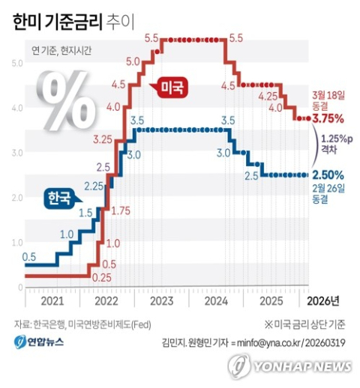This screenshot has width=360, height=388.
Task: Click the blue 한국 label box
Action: point(58,198)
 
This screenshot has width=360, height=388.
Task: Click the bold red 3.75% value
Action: point(328,118)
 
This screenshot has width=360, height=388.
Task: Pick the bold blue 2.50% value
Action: point(328,175)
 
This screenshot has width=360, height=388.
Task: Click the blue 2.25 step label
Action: point(94,186)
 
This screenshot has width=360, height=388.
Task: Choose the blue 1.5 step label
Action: point(85,213)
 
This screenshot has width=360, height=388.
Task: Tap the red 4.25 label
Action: point(268,97)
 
